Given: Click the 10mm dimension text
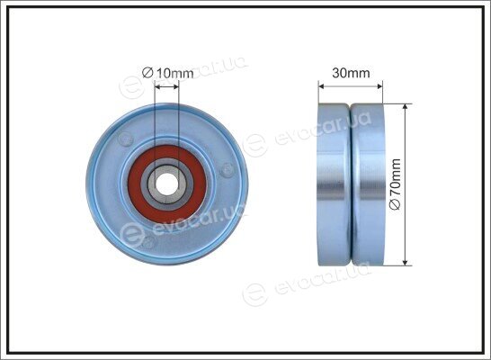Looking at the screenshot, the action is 174,73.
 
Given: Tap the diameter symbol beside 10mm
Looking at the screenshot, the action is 147,73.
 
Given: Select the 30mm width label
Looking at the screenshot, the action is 351,73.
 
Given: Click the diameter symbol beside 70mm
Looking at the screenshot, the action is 396,204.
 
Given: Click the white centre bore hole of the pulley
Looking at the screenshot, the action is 166,184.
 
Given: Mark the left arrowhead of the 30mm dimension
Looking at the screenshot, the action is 321,85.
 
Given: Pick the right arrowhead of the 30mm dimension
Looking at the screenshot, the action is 379,85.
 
